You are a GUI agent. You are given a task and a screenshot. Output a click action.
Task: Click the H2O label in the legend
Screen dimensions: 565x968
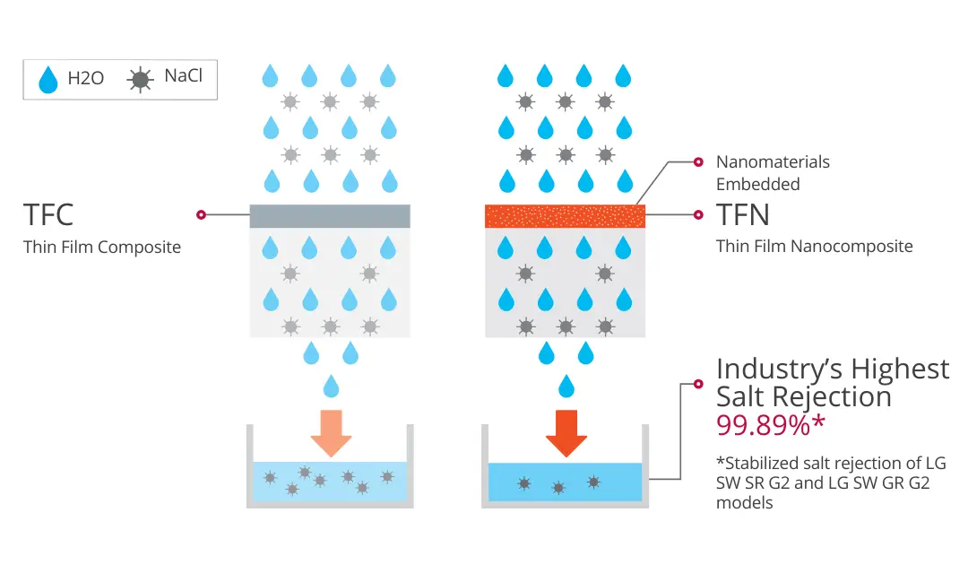click(x=86, y=78)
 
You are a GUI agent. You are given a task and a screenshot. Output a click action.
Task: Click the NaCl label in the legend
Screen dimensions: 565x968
click(x=183, y=75)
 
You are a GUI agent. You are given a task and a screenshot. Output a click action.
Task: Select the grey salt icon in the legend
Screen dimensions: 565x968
click(x=140, y=80)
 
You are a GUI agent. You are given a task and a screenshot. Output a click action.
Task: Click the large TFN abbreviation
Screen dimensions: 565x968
click(x=743, y=215)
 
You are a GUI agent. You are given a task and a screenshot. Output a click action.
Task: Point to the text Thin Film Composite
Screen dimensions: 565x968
click(x=102, y=247)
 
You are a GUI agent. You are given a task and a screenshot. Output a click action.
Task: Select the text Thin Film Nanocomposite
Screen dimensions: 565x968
click(x=814, y=246)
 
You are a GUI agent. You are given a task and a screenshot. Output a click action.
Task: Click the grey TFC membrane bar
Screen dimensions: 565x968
click(x=330, y=216)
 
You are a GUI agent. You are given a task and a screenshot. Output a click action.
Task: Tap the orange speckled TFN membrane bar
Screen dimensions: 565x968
click(x=565, y=216)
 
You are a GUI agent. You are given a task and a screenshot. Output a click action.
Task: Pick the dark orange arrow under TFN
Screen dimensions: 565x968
click(x=566, y=433)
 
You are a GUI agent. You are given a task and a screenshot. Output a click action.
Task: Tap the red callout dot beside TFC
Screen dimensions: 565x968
click(x=201, y=214)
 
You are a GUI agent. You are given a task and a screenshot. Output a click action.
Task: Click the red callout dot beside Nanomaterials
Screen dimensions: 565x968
click(x=698, y=162)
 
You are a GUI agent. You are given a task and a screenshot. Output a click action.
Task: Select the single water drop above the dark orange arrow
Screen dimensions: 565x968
click(x=566, y=387)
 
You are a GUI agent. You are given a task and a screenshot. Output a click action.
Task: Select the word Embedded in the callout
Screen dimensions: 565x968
click(x=757, y=184)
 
